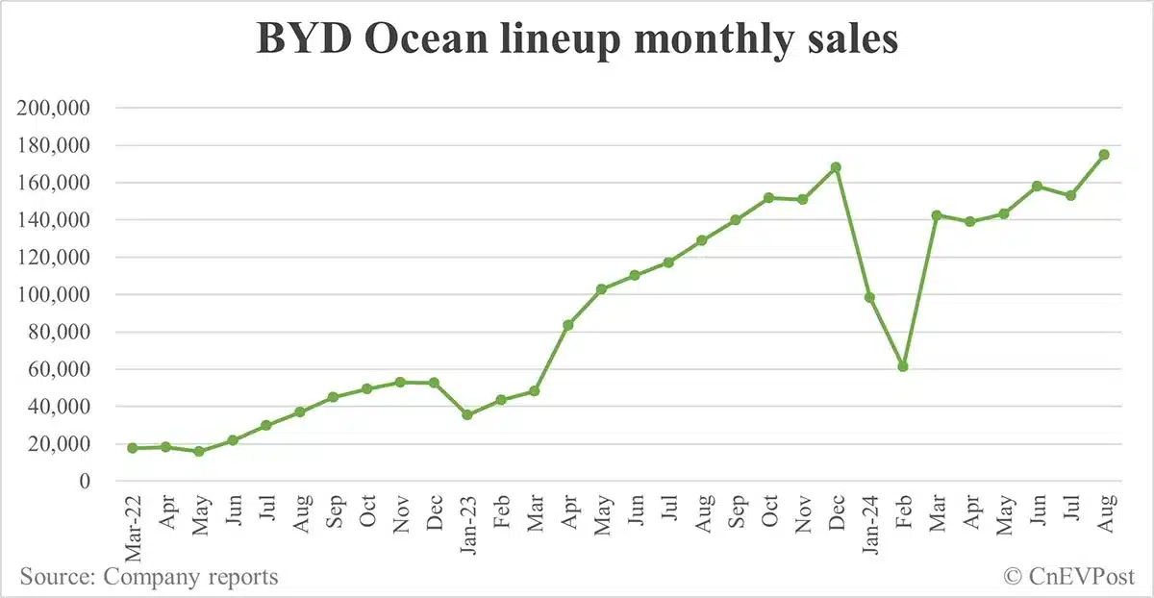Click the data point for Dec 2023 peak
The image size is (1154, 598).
click(x=836, y=167)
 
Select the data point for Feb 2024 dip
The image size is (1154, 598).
click(x=903, y=366)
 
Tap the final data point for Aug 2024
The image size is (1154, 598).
click(x=1104, y=154)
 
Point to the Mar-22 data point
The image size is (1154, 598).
click(x=132, y=448)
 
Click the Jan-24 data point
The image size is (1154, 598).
click(x=869, y=297)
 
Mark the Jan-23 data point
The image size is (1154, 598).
click(x=467, y=414)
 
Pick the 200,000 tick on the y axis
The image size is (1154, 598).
click(x=54, y=108)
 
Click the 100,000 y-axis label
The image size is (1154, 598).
click(x=54, y=295)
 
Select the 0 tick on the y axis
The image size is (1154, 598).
click(x=84, y=482)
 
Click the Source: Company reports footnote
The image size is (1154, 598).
click(x=149, y=577)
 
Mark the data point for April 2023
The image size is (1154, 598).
click(x=568, y=325)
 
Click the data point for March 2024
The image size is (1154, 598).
click(x=937, y=215)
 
